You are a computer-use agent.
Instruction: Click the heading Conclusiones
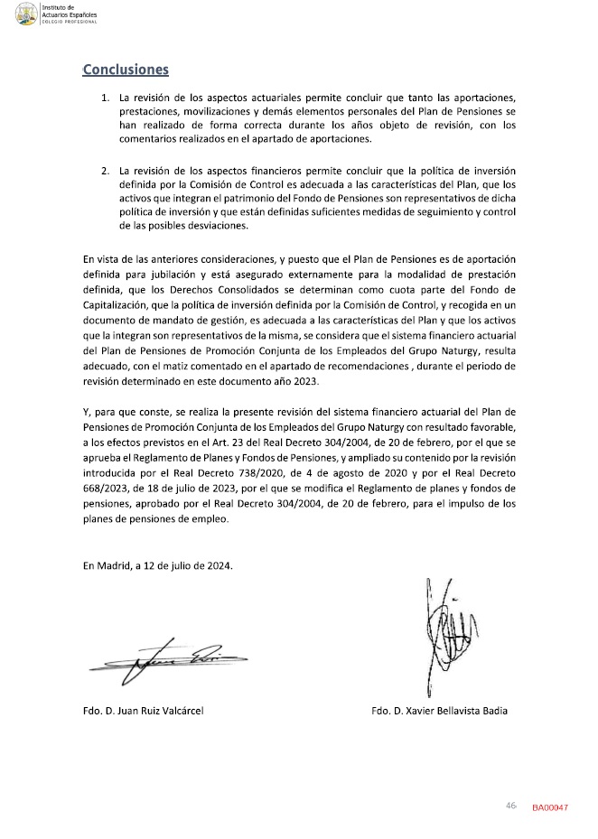(126, 69)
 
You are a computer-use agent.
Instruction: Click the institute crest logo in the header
(26, 14)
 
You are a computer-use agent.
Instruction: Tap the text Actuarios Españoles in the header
(75, 14)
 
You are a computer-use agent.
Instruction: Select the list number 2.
(105, 170)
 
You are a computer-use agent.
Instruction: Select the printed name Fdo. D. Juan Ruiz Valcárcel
(143, 711)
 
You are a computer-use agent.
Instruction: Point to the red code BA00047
(549, 806)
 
